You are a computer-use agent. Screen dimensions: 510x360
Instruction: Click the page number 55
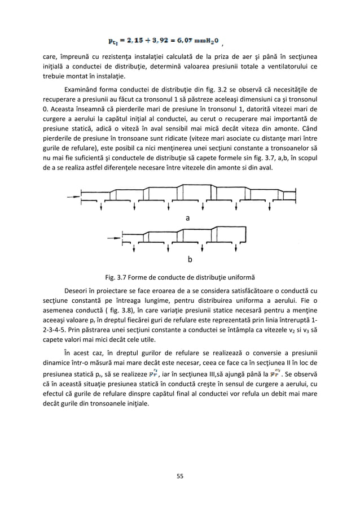click(180, 476)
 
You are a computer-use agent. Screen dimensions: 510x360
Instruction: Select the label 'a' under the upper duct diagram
click(188, 217)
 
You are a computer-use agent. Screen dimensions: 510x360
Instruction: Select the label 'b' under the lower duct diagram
click(190, 260)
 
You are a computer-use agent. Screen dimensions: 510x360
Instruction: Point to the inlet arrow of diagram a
click(73, 197)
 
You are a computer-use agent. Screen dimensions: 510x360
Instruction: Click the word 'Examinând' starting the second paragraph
click(84, 89)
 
